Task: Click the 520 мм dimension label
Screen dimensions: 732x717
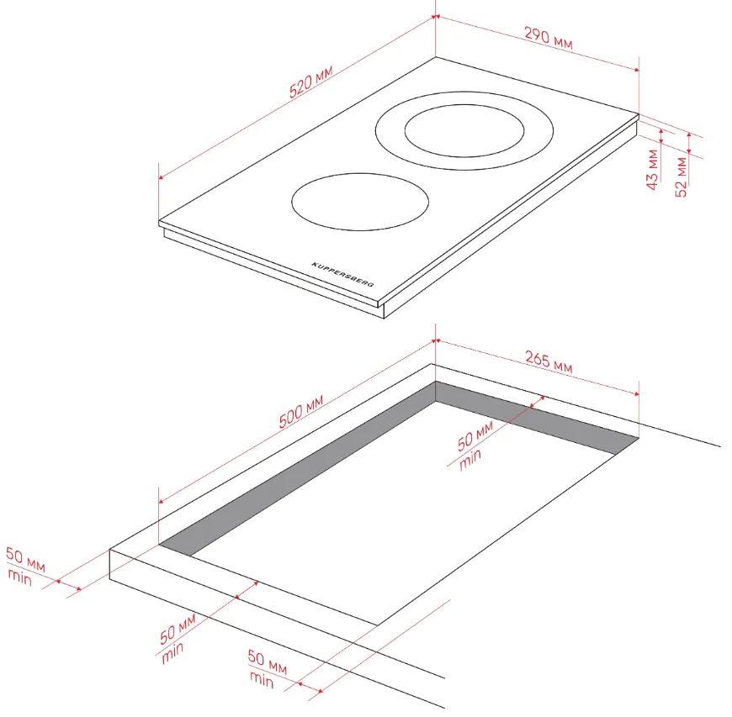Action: pyautogui.click(x=311, y=82)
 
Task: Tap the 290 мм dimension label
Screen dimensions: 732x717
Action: pyautogui.click(x=548, y=38)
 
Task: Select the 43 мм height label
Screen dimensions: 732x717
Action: pyautogui.click(x=652, y=169)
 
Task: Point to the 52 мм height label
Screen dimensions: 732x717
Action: pyautogui.click(x=682, y=177)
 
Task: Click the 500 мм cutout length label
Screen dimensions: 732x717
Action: pyautogui.click(x=301, y=412)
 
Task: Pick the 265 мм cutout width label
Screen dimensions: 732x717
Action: pyautogui.click(x=549, y=361)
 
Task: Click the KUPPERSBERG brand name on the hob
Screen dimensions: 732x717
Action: pyautogui.click(x=342, y=274)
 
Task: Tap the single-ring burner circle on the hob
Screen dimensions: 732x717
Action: pyautogui.click(x=360, y=202)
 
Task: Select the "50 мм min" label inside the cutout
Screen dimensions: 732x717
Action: pyautogui.click(x=475, y=445)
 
